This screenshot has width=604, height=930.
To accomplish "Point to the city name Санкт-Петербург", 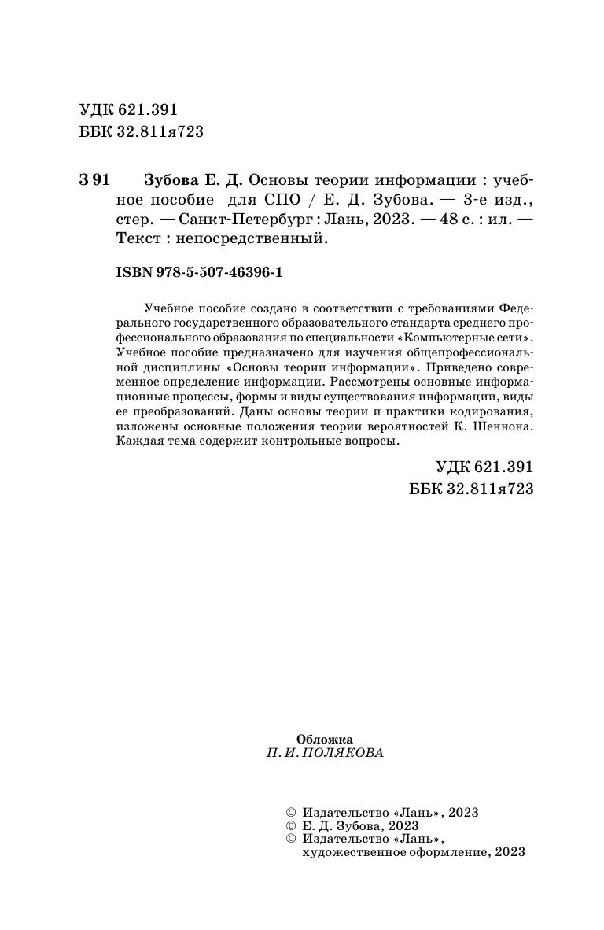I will point(247,220).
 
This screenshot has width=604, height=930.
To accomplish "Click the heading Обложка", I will point(325,739).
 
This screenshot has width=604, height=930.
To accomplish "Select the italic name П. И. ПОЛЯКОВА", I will point(326,753).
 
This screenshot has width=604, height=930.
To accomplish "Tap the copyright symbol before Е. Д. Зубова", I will point(287,825).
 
